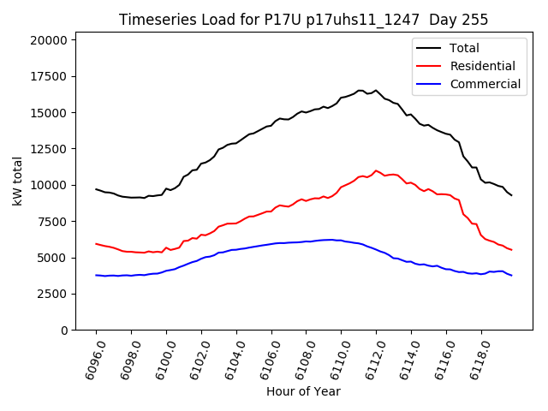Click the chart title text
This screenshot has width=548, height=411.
pos(304,20)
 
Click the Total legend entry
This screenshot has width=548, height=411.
pos(464,48)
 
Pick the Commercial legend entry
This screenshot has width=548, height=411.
pos(485,84)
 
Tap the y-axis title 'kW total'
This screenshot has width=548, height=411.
pos(17,185)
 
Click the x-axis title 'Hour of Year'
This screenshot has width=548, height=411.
pos(304,391)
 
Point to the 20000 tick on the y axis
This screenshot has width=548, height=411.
pos(49,40)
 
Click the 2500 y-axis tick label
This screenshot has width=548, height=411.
pos(52,294)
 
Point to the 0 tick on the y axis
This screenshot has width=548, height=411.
pos(65,330)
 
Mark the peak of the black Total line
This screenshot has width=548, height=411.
pos(360,90)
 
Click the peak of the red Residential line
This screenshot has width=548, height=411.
pos(376,170)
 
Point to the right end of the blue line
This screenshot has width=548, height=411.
pos(512,276)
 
